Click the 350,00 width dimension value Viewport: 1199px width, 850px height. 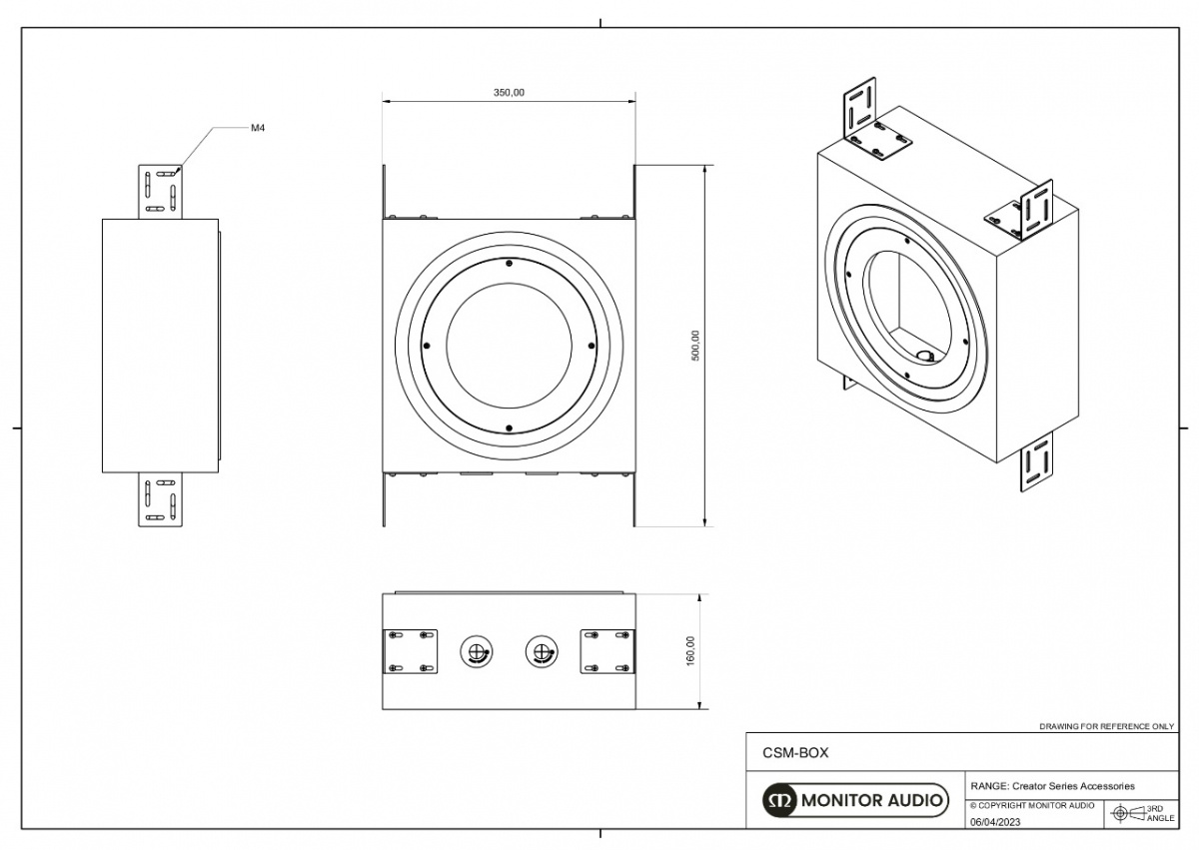509,92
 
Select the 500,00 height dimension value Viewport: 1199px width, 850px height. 696,346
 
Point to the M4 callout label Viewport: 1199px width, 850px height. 257,128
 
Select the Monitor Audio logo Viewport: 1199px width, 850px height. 855,800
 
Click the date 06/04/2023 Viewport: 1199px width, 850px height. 996,822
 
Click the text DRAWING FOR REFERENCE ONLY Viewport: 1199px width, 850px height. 1106,726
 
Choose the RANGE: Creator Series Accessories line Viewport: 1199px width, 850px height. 1052,786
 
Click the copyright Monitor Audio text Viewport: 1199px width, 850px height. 1031,805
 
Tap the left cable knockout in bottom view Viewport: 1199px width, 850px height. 476,652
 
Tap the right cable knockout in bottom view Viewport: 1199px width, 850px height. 541,652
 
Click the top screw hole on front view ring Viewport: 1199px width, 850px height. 509,264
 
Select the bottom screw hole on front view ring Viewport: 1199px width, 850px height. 509,428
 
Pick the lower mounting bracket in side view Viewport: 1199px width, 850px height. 161,498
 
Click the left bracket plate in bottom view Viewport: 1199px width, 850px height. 411,650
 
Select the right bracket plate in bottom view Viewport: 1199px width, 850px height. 607,650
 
